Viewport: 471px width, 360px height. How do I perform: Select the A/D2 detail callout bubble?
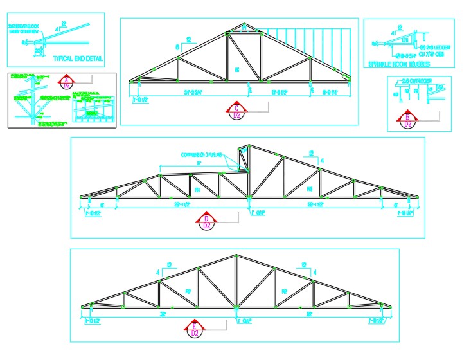66,82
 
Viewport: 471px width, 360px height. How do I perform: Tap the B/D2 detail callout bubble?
407,120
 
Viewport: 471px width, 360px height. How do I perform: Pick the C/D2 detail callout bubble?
238,111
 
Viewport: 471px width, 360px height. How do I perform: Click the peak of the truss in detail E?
236,255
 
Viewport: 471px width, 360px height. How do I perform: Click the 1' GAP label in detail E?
245,319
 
